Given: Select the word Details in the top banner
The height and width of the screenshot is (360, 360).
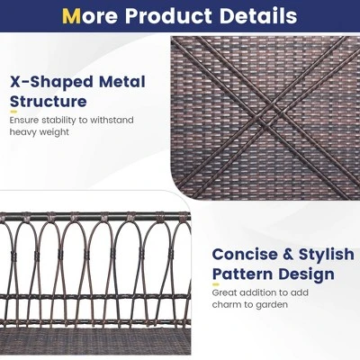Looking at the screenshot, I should pyautogui.click(x=255, y=16).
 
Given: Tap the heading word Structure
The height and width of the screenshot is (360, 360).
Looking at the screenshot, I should pyautogui.click(x=49, y=102).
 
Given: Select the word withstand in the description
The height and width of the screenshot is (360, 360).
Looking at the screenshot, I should pyautogui.click(x=112, y=120).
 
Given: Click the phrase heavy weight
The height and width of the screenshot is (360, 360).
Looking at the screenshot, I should pyautogui.click(x=40, y=132).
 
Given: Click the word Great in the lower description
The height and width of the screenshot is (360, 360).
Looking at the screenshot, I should pyautogui.click(x=225, y=292).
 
